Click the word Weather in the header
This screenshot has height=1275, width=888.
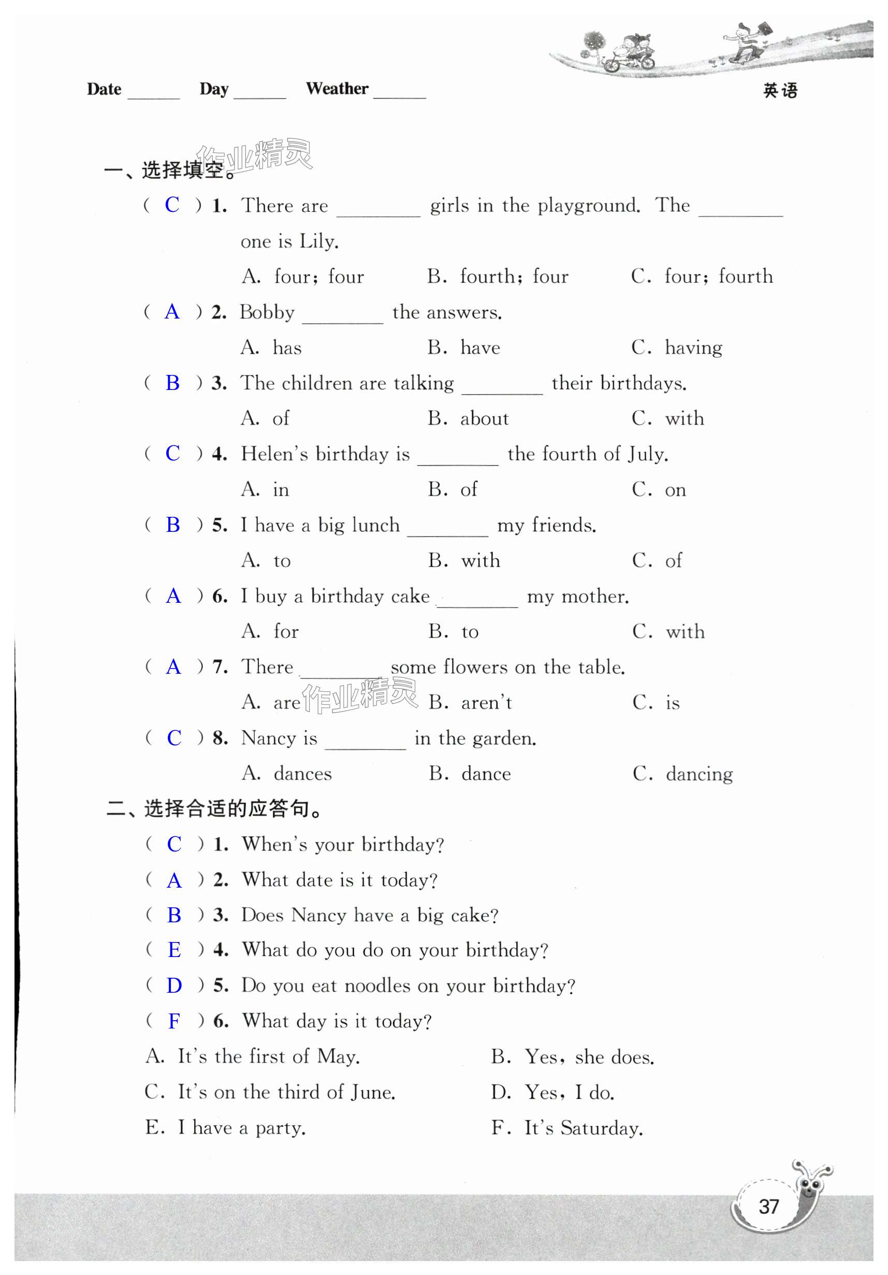coord(337,89)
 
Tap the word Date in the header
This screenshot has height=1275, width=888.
coord(104,90)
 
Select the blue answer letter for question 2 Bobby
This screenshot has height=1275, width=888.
coord(172,312)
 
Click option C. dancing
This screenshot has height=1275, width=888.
coord(682,774)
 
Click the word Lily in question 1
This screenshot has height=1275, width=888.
coord(317,241)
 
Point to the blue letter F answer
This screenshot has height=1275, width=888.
coord(174,1021)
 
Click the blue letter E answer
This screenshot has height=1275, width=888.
coord(174,950)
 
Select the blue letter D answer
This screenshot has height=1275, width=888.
coord(174,986)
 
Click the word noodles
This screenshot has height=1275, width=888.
coord(377,986)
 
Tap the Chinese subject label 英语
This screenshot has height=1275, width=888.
coord(780,91)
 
